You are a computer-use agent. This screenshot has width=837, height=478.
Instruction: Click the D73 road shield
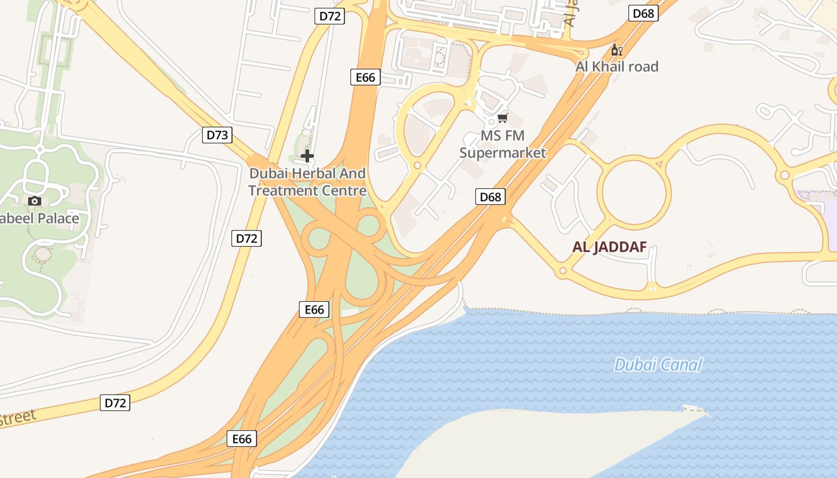pos(217,135)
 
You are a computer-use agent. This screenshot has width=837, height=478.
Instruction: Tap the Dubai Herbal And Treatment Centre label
pos(307,182)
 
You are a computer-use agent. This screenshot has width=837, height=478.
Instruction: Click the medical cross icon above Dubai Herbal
pos(307,157)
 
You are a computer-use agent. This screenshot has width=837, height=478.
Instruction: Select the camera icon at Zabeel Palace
pos(35,201)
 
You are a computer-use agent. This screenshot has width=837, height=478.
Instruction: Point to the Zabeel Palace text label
pos(39,218)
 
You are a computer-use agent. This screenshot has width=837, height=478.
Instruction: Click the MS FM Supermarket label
pos(503,144)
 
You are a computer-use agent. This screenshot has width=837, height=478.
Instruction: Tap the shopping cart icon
pos(503,118)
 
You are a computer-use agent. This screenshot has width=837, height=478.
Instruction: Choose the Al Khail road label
pos(616,66)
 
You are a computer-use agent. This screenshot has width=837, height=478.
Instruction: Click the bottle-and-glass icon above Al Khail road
pos(616,50)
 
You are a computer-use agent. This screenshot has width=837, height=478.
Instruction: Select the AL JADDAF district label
pos(609,247)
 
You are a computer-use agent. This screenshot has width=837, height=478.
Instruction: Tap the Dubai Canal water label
pos(658,364)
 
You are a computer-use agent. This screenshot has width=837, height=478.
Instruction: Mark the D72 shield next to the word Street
pos(115,403)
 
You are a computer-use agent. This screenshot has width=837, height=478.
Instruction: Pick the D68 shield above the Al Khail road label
pos(643,13)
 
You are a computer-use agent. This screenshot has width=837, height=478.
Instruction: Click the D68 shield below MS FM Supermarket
pos(490,197)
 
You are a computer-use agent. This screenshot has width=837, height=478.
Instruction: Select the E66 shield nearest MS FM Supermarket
pos(365,77)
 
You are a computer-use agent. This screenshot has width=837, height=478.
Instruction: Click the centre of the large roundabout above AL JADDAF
pos(634,192)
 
